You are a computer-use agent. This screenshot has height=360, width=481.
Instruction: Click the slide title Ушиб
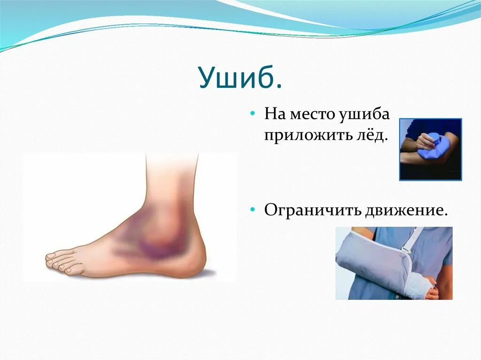click(x=240, y=77)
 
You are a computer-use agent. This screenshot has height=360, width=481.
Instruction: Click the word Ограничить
click(x=312, y=211)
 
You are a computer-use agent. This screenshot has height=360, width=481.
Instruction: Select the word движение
click(x=405, y=210)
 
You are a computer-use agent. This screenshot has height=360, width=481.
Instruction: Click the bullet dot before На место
click(x=252, y=114)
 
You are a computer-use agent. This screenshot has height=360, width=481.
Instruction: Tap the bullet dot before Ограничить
click(x=252, y=210)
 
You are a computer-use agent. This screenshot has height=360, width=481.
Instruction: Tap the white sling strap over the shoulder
click(x=412, y=239)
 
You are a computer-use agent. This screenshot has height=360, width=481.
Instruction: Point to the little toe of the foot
click(x=68, y=270)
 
